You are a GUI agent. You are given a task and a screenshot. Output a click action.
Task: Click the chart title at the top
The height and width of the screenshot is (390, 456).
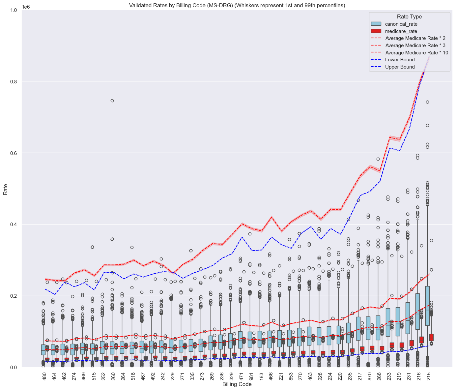coord(237,6)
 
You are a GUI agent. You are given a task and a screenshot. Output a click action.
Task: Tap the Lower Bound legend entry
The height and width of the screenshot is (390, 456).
coord(400,60)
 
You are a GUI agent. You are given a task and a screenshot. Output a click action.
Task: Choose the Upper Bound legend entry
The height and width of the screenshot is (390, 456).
coord(400,67)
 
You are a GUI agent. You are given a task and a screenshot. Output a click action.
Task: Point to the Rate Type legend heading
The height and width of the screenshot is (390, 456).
coord(410,17)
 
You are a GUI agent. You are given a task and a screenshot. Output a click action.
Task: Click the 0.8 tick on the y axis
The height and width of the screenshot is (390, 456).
coord(14,82)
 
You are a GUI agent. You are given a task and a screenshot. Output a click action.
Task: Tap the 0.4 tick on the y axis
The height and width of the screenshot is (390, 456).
coord(14,225)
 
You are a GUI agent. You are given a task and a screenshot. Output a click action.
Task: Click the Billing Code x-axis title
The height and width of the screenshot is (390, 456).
coord(237,384)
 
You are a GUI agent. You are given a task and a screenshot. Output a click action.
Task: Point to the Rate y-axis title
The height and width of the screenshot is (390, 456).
coord(6,189)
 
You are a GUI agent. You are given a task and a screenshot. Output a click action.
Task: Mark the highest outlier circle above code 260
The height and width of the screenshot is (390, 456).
coord(112,101)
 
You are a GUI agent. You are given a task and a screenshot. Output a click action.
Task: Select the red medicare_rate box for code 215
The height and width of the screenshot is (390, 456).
coord(431,337)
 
